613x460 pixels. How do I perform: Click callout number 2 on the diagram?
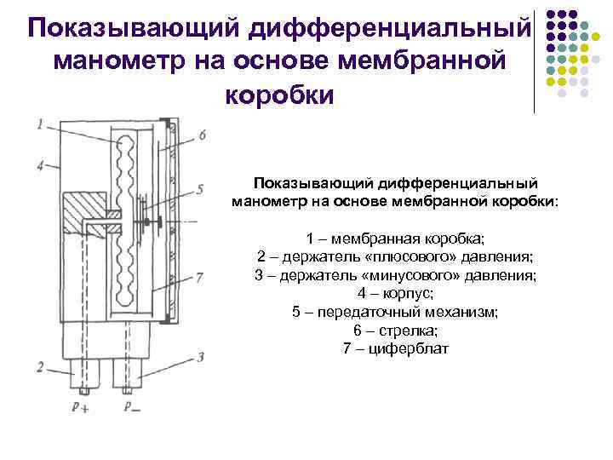(40, 367)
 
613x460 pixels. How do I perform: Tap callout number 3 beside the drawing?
(200, 358)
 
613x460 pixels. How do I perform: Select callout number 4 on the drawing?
(40, 164)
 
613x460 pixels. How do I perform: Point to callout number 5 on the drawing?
(200, 188)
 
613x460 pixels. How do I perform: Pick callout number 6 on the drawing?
(201, 135)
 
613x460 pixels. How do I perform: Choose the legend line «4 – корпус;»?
(395, 294)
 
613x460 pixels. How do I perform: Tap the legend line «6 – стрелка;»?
(395, 331)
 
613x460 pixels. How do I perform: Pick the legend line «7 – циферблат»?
(395, 349)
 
